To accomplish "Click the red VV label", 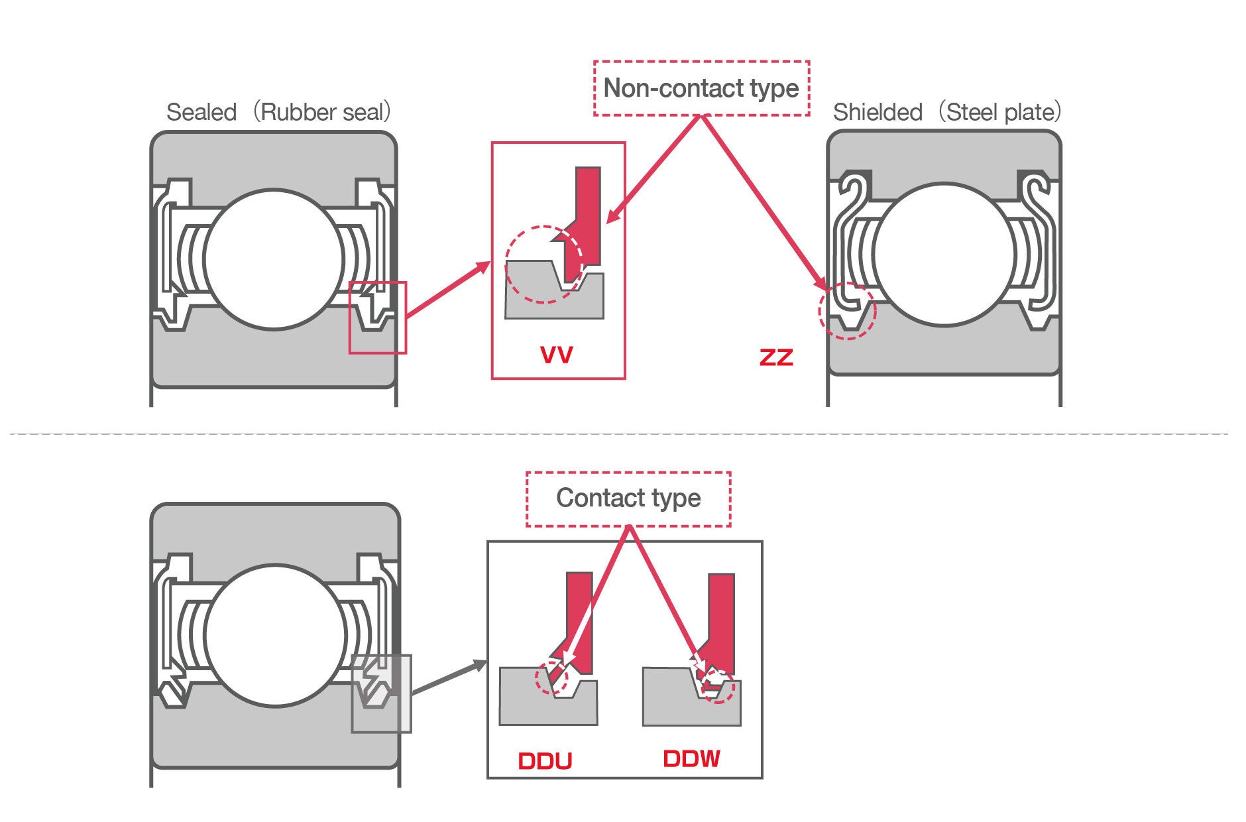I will [x=556, y=355].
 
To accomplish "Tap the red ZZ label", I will [x=775, y=357].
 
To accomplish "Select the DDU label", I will [x=545, y=761].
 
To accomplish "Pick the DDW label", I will [x=691, y=759].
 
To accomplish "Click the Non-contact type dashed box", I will [x=701, y=88].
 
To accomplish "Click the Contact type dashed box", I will [x=628, y=499].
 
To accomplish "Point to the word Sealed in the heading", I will [x=201, y=112].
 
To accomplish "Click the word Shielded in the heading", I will [x=877, y=112].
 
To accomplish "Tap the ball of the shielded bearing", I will [x=944, y=255].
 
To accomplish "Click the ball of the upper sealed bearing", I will [x=274, y=259].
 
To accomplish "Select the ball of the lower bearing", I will [x=275, y=635].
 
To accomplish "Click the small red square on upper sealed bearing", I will [x=378, y=318].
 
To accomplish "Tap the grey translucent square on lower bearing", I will [x=381, y=693].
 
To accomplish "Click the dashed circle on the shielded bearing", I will [x=847, y=311].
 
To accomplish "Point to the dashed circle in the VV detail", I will [x=543, y=264].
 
